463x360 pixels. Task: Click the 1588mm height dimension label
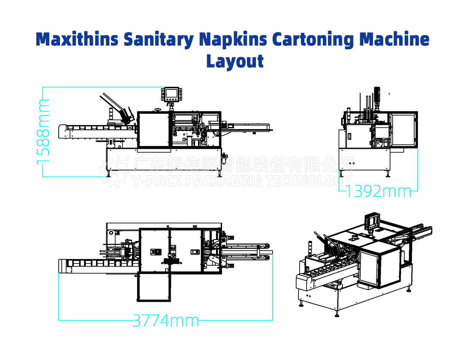point(43,131)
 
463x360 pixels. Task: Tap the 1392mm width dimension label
point(378,191)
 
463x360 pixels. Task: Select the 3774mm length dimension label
point(165,320)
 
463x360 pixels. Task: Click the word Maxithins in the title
point(77,39)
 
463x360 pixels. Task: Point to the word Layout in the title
point(235,60)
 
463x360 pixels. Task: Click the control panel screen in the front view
point(171,93)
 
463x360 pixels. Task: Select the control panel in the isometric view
point(370,220)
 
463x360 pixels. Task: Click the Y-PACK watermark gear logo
point(112,171)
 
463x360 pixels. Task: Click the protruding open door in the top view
point(153,287)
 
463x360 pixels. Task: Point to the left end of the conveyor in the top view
point(62,266)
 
